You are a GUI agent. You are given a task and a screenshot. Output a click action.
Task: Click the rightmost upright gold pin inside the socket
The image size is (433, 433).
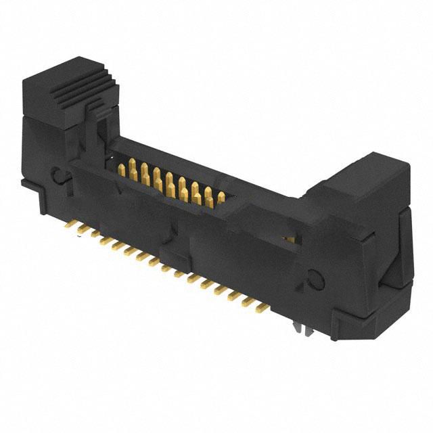[x=221, y=197]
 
